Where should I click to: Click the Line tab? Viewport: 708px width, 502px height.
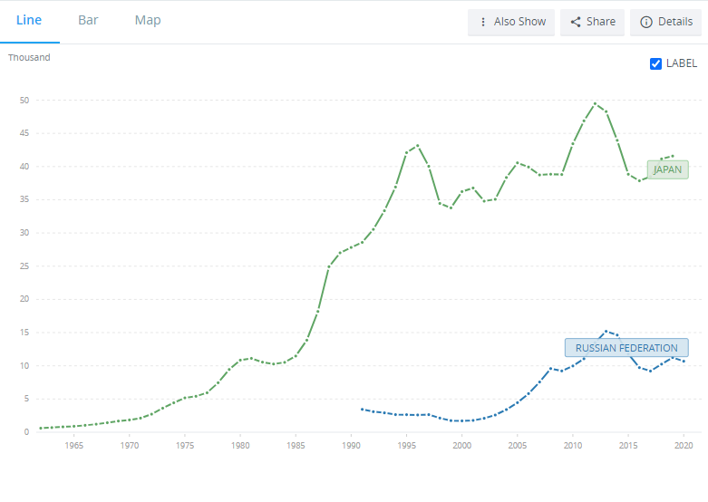[x=29, y=20]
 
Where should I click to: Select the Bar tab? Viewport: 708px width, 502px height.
[x=88, y=20]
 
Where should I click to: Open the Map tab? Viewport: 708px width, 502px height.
[x=148, y=20]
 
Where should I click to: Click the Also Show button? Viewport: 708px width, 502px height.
[x=511, y=22]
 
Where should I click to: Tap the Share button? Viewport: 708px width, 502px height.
[x=593, y=22]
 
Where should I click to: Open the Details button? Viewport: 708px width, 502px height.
[x=665, y=22]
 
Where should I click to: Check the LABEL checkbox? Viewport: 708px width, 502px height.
[x=656, y=63]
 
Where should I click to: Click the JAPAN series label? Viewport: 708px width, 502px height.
[x=667, y=169]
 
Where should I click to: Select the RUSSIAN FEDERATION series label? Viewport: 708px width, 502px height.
[x=626, y=348]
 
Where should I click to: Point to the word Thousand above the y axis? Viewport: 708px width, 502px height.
[x=29, y=58]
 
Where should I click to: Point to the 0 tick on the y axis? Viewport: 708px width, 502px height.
[x=26, y=432]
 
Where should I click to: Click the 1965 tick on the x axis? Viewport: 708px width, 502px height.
[x=74, y=446]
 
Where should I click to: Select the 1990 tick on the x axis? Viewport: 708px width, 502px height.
[x=351, y=446]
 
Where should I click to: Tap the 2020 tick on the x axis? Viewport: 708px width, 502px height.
[x=684, y=446]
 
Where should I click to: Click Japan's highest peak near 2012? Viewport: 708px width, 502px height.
[x=595, y=103]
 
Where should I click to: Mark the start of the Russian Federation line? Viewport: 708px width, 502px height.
[x=362, y=410]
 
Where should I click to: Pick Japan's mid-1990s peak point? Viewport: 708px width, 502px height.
[x=417, y=146]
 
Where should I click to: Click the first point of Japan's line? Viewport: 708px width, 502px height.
[x=41, y=428]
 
